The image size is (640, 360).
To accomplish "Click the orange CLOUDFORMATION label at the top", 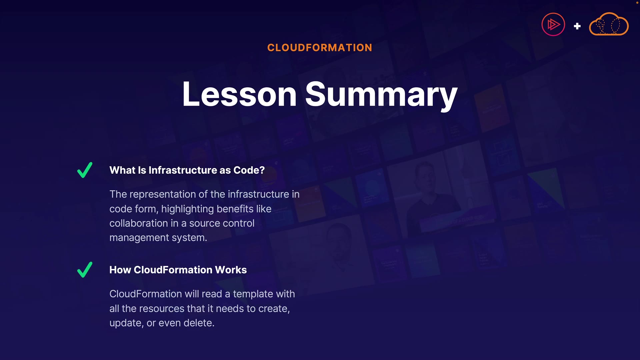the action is click(320, 48).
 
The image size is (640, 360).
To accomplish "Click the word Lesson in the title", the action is click(239, 94).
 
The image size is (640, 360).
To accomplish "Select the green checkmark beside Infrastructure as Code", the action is click(85, 170).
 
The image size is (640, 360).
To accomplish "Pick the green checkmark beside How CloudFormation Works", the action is click(85, 270).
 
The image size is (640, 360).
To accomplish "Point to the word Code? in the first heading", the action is click(249, 170).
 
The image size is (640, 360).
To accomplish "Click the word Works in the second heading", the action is click(231, 270).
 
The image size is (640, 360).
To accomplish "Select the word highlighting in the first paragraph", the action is click(187, 209).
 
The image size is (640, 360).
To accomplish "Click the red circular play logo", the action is click(553, 24).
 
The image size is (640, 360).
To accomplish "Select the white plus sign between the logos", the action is click(577, 26).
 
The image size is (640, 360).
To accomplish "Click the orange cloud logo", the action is click(609, 24).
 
